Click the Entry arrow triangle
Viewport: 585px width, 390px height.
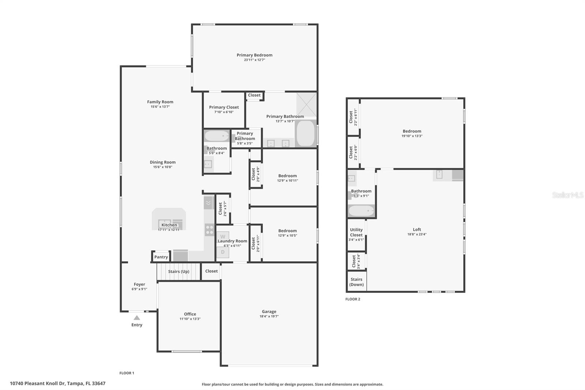click(x=136, y=318)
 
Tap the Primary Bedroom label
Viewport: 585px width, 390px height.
click(x=254, y=55)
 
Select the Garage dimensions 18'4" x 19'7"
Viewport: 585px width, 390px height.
click(x=269, y=316)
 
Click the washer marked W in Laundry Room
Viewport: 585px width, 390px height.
click(x=223, y=236)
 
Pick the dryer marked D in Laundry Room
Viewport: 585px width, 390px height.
click(x=223, y=252)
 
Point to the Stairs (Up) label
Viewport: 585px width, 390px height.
click(x=179, y=271)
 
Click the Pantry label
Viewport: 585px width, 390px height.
click(x=161, y=257)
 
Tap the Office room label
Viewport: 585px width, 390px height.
click(x=190, y=314)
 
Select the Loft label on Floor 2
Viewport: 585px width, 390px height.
click(x=417, y=230)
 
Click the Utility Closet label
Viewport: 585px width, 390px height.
click(x=356, y=232)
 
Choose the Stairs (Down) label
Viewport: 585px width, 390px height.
click(x=356, y=282)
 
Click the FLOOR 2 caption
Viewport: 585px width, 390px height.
click(x=353, y=299)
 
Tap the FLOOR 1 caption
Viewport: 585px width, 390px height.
click(x=127, y=373)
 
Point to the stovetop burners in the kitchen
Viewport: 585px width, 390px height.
click(x=210, y=230)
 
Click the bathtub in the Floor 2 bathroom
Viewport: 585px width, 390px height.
click(x=361, y=211)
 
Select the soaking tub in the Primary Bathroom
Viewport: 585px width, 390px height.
click(x=305, y=133)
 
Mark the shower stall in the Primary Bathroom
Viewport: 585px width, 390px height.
click(x=306, y=105)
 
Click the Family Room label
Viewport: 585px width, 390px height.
click(x=160, y=102)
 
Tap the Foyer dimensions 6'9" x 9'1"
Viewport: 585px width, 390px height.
click(x=139, y=289)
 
